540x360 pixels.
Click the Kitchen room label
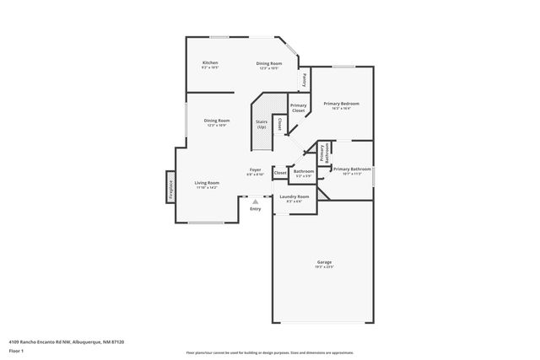click(210, 63)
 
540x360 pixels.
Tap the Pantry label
click(304, 80)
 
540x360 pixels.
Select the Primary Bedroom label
click(342, 103)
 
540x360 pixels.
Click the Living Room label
click(207, 183)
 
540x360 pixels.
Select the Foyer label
click(255, 169)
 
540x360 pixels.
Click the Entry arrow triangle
click(255, 201)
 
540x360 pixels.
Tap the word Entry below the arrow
click(255, 209)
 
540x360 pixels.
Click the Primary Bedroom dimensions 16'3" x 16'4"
click(342, 108)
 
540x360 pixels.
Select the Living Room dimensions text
click(207, 188)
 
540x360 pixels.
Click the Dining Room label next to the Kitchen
click(269, 63)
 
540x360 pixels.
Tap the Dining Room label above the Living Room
click(217, 121)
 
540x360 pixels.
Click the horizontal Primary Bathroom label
click(351, 169)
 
